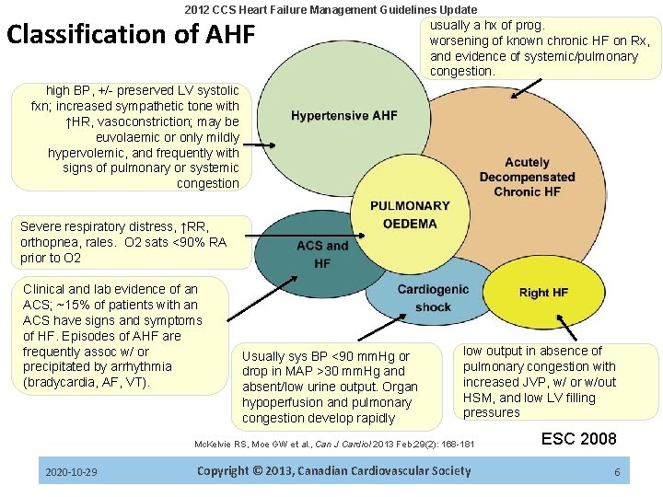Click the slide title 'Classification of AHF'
coord(130,35)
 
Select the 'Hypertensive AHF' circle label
coord(344,116)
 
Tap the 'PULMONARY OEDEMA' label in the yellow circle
coord(410,214)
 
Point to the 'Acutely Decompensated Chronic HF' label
coord(527,177)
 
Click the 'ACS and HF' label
coord(322,254)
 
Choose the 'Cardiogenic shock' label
coord(433,297)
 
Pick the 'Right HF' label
coord(543,293)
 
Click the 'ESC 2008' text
coord(579,438)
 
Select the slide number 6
coord(617,472)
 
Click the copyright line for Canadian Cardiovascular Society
coord(333,471)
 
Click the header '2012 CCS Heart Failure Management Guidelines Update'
coord(331,9)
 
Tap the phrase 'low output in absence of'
coord(532,351)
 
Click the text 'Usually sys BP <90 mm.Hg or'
coord(325,356)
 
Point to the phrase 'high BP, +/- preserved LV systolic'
coord(142,90)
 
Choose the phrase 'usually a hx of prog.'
coord(487,25)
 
